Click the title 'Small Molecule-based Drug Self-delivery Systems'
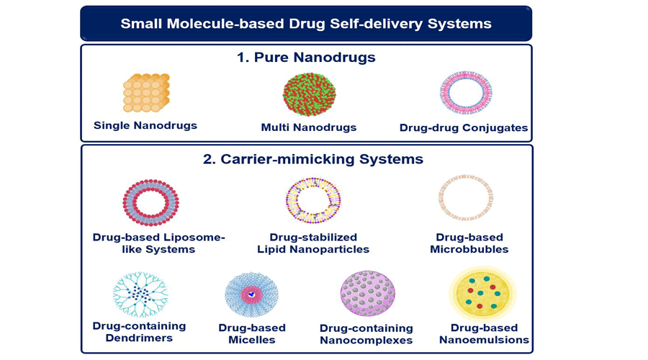pyautogui.click(x=305, y=24)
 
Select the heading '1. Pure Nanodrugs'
pyautogui.click(x=305, y=58)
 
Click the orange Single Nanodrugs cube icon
pyautogui.click(x=146, y=93)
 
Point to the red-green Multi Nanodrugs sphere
pyautogui.click(x=309, y=94)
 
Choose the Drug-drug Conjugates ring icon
pyautogui.click(x=464, y=94)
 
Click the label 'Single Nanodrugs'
pyautogui.click(x=145, y=125)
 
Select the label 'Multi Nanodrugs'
pyautogui.click(x=309, y=128)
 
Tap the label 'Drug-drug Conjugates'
pyautogui.click(x=464, y=128)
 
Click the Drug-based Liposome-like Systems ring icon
pyautogui.click(x=150, y=202)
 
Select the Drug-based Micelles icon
pyautogui.click(x=252, y=294)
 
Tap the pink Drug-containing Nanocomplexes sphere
pyautogui.click(x=367, y=294)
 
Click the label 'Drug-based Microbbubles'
pyautogui.click(x=469, y=243)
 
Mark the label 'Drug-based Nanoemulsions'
pyautogui.click(x=484, y=334)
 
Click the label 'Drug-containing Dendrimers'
pyautogui.click(x=139, y=332)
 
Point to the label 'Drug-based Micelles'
pyautogui.click(x=252, y=333)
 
